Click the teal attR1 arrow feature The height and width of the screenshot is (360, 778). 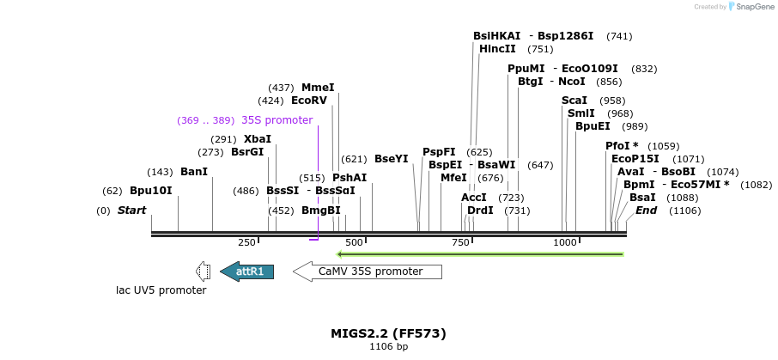(247, 272)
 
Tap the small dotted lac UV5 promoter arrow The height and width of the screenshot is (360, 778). (203, 272)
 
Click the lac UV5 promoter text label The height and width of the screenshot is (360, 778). (161, 290)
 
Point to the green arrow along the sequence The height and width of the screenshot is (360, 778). (481, 254)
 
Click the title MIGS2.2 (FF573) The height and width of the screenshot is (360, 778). (388, 333)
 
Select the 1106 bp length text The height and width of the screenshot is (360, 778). (388, 347)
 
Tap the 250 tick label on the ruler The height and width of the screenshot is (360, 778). (246, 243)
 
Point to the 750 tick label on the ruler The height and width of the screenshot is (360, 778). (461, 243)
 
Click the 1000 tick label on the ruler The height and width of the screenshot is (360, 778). (564, 243)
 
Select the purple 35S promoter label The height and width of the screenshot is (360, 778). (277, 120)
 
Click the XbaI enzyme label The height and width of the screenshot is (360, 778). (258, 139)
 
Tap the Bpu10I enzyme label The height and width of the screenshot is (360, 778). (151, 191)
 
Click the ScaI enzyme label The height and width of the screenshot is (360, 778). (574, 101)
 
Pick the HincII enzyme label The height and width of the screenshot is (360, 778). (497, 49)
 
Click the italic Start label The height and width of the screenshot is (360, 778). (131, 211)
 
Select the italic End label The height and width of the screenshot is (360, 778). (646, 211)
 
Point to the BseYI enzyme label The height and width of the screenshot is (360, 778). (391, 159)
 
